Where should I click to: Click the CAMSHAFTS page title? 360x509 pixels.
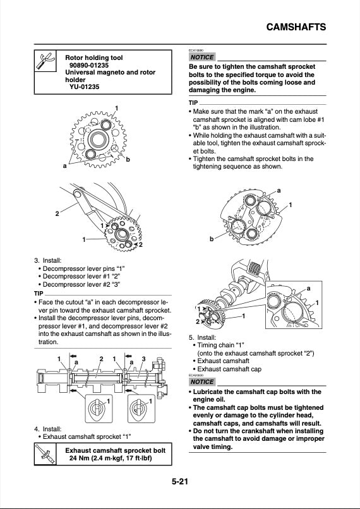[296, 27]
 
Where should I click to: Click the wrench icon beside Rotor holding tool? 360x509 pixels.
[45, 62]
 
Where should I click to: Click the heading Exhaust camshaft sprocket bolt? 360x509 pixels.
[116, 450]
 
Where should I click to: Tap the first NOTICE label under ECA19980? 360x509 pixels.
[202, 57]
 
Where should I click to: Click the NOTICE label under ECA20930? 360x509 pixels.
[202, 382]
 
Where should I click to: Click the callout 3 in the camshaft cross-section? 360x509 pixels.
[144, 359]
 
